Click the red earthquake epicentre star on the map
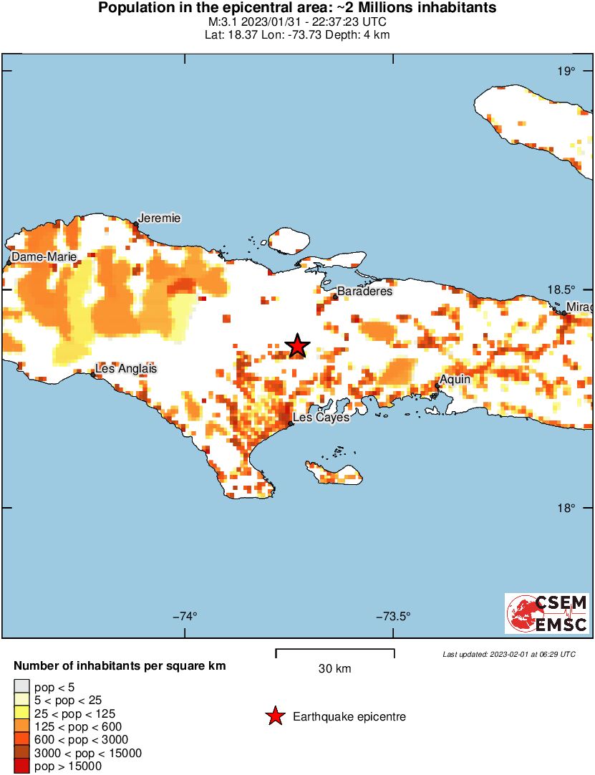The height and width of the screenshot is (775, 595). [297, 346]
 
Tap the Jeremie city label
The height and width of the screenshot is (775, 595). [159, 218]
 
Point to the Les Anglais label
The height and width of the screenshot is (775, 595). [126, 369]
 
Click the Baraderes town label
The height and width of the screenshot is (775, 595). [364, 292]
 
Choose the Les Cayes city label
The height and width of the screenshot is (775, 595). [321, 417]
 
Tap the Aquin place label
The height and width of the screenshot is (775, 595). [455, 379]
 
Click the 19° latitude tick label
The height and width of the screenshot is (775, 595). [566, 71]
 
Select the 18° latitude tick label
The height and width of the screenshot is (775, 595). [566, 508]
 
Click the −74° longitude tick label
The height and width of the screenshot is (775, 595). [185, 616]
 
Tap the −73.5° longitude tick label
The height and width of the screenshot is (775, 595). [392, 616]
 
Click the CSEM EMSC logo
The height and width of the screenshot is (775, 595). [547, 613]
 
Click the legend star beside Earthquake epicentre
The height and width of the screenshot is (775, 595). [274, 716]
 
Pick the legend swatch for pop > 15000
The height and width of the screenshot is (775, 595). [22, 766]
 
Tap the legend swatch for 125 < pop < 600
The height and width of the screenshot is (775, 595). [22, 726]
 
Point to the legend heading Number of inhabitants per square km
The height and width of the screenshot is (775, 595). [120, 666]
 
